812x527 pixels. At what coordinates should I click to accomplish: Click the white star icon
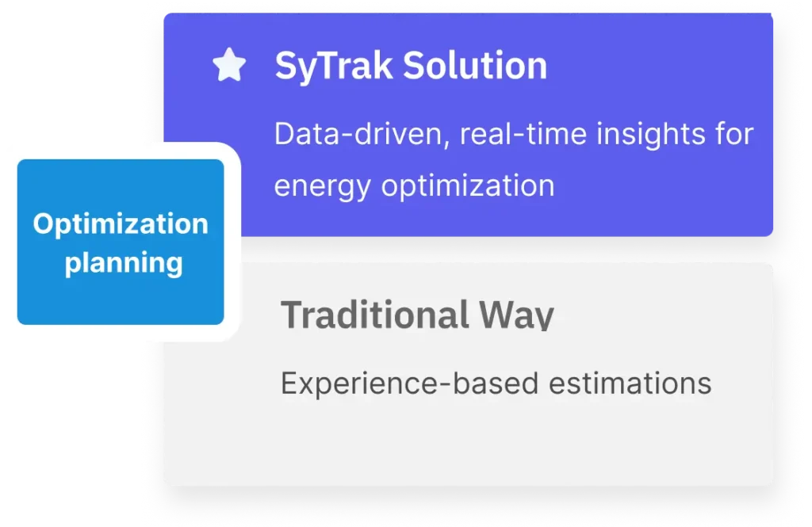point(229,65)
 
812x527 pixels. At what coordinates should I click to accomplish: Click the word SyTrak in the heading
point(334,67)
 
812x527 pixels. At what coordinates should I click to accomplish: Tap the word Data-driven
point(358,135)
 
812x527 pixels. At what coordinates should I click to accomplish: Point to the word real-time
point(523,134)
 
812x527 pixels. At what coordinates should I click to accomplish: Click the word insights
point(651,134)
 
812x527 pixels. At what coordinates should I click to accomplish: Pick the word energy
point(322,187)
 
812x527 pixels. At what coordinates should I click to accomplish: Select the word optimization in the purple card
point(468,186)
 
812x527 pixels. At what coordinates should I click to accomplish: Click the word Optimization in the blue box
point(121,225)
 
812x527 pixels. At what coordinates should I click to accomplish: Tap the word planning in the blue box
point(124,263)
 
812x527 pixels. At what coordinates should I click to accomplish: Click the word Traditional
point(375,315)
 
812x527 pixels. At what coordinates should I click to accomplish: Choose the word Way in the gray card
point(516,315)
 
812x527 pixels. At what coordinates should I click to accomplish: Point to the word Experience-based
point(410,384)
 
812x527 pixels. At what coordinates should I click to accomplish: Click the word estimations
point(630,384)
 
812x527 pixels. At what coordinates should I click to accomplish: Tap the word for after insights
point(734,134)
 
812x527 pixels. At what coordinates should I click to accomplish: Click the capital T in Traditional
point(292,315)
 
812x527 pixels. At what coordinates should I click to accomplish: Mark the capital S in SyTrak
point(285,66)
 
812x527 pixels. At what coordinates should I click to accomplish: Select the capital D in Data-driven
point(285,134)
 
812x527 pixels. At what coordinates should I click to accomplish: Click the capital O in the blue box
point(44,223)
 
